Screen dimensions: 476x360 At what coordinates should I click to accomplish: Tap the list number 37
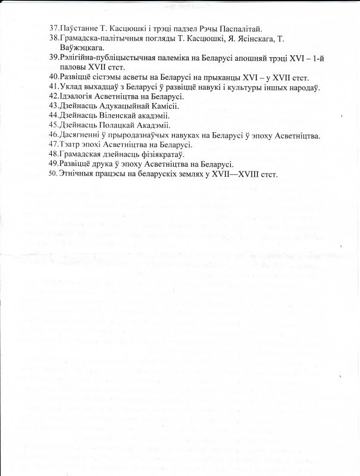tap(54, 28)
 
